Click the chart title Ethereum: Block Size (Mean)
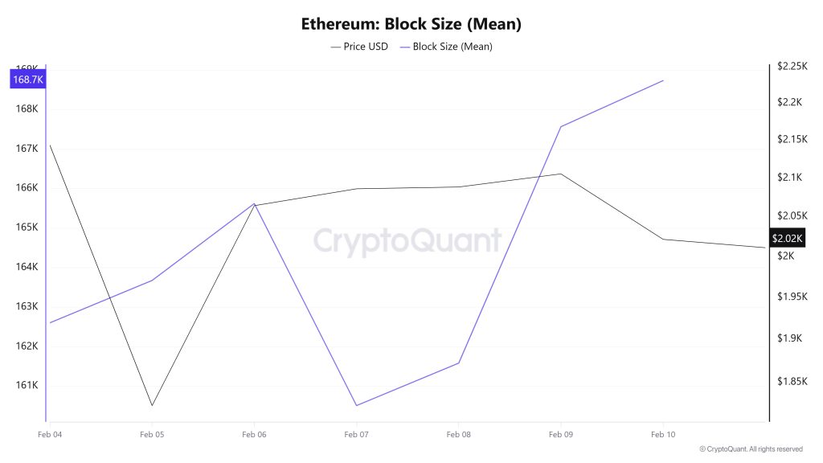point(411,23)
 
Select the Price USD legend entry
point(359,47)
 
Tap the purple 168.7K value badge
point(27,80)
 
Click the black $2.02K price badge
point(787,239)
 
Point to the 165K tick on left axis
point(27,227)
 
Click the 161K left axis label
point(27,385)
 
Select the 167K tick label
point(27,149)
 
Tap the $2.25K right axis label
point(792,67)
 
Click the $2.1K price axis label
point(790,178)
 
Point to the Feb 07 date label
point(356,435)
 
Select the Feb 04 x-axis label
point(50,435)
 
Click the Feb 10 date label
point(662,435)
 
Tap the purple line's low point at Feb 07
point(356,405)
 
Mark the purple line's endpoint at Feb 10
point(663,80)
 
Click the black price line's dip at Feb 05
point(152,405)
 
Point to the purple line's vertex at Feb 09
point(560,127)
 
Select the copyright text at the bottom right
point(751,449)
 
